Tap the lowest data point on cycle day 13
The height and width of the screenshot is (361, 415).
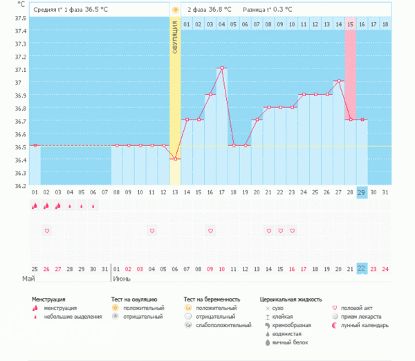point(175,159)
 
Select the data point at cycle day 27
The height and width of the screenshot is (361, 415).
point(339,81)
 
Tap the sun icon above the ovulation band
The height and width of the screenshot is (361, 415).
point(175,10)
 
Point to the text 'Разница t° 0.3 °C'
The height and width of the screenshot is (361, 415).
point(267,10)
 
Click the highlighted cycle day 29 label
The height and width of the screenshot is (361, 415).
point(362,192)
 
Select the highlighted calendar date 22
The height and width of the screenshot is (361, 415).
point(362,268)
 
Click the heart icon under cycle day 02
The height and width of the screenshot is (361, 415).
point(46,230)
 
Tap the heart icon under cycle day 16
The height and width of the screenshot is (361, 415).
point(210,230)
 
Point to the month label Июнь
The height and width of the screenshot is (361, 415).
point(122,280)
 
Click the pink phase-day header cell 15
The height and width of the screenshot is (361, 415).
point(351,24)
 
